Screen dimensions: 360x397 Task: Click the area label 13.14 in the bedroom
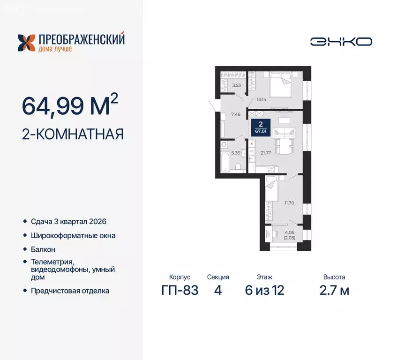[x=261, y=99]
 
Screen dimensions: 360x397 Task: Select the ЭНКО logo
[x=341, y=41]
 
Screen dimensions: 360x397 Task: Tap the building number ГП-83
[x=180, y=290]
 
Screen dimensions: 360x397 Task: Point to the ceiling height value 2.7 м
[x=335, y=290]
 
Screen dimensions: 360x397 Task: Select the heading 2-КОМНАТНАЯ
[x=73, y=135]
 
